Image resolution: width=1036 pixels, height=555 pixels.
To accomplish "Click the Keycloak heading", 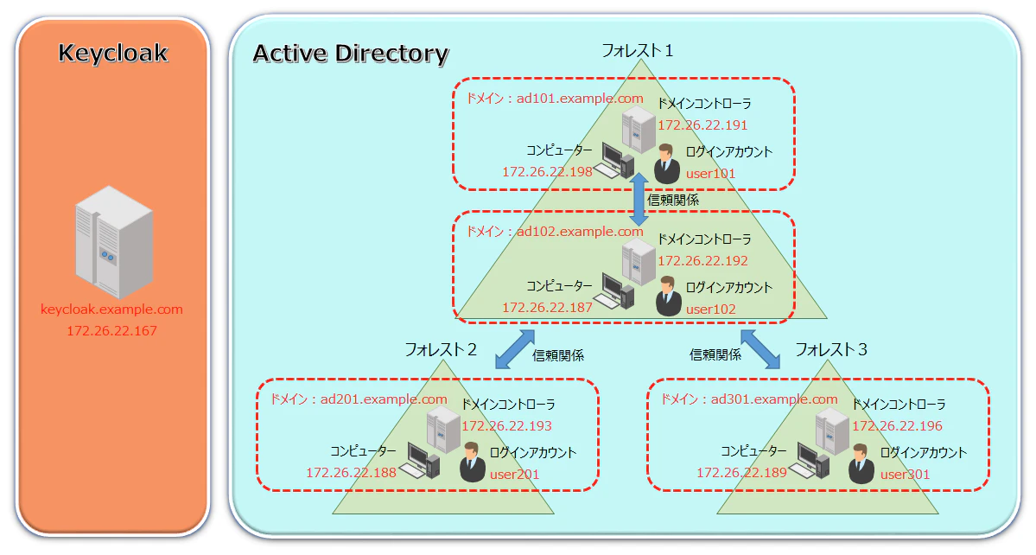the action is tap(113, 53).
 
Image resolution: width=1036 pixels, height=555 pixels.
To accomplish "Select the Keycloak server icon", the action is tap(114, 242).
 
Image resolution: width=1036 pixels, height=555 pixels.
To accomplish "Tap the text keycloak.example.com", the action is tap(111, 309).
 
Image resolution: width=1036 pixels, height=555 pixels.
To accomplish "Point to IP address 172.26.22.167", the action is tap(111, 330).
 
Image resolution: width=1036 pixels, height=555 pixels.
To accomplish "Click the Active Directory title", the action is tap(351, 54).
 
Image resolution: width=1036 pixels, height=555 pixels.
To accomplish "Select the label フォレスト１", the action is tap(638, 50).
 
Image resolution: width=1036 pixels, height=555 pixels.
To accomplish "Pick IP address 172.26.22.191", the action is tap(702, 124).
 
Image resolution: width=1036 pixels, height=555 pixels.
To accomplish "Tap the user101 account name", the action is tap(710, 174).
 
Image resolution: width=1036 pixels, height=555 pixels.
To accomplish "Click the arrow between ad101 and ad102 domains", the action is tap(639, 199).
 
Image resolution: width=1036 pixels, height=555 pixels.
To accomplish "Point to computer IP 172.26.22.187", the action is tap(547, 307).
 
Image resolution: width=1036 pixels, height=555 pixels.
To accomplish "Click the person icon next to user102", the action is tap(668, 296).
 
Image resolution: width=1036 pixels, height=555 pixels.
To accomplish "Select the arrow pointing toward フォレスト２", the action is tap(515, 349).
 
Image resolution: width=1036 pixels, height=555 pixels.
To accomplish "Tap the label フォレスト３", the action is tap(830, 349).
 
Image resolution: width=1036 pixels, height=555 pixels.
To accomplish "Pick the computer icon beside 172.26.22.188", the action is tap(423, 460).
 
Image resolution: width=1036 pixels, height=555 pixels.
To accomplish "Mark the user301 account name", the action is tap(905, 475).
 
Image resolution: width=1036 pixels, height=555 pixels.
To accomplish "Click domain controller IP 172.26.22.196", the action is tap(897, 426).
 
